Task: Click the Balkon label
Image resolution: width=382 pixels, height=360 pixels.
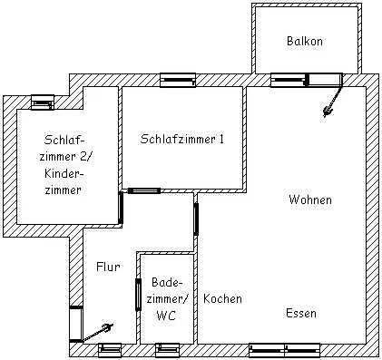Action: [x=305, y=42]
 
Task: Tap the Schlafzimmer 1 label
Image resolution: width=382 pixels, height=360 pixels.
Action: [x=182, y=139]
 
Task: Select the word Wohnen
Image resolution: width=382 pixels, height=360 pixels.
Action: [x=310, y=199]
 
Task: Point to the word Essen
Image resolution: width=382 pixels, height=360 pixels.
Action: [x=300, y=313]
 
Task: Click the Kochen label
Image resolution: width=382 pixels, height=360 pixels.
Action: [x=222, y=299]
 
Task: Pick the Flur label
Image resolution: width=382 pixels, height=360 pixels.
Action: [x=108, y=267]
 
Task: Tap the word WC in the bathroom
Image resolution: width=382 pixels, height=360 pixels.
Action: [x=166, y=316]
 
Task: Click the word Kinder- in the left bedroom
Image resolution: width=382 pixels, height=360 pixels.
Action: [x=64, y=172]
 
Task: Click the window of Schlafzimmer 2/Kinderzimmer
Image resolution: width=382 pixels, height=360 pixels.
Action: [x=41, y=101]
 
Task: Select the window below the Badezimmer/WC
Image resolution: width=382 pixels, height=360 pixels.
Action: [x=167, y=348]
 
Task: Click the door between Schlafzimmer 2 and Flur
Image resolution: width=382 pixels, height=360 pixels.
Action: [x=121, y=209]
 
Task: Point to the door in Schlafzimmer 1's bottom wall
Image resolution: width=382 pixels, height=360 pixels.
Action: [x=143, y=190]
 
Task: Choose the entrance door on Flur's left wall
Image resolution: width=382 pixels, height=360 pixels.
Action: [x=75, y=324]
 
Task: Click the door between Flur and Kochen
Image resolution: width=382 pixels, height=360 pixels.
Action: [x=196, y=219]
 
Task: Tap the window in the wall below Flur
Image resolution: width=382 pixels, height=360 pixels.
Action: [x=110, y=348]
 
